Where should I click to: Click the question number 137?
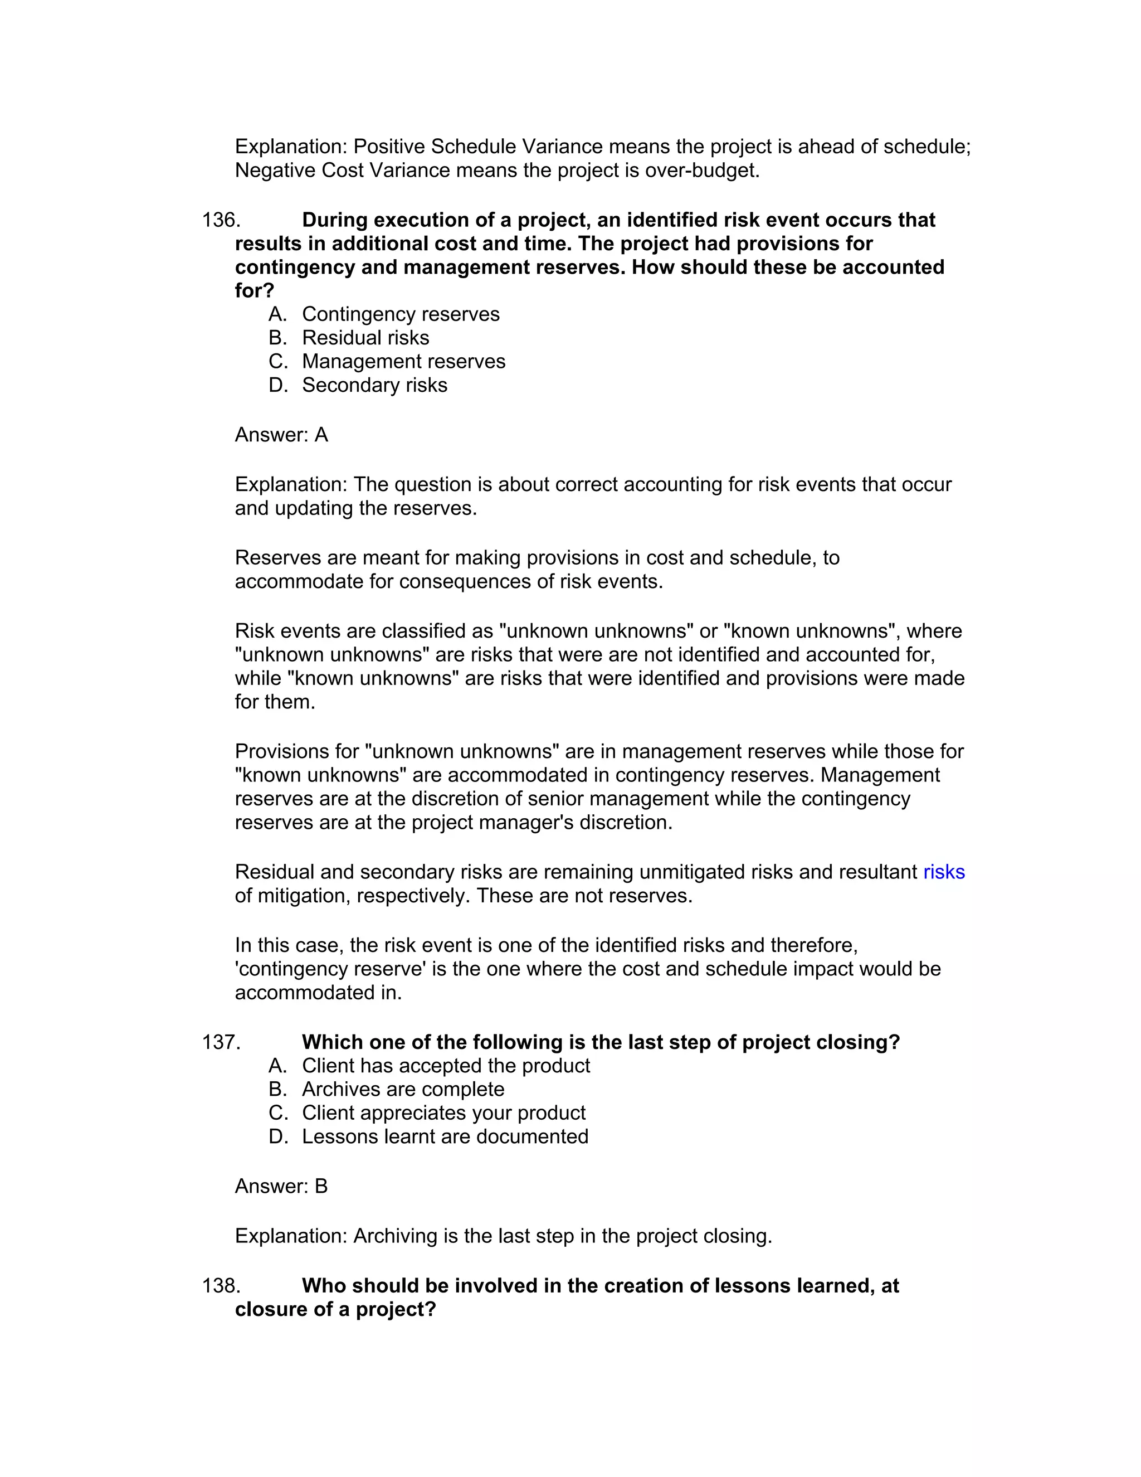click(221, 1042)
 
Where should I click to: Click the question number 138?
click(221, 1286)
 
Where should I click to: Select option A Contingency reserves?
click(400, 314)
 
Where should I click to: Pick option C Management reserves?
click(403, 361)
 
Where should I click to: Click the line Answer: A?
click(281, 435)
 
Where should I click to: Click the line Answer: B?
click(281, 1186)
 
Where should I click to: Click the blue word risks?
click(944, 872)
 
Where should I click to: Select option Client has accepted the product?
click(446, 1066)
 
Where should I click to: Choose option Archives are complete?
click(403, 1090)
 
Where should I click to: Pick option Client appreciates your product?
click(443, 1113)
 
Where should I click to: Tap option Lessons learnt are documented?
click(445, 1137)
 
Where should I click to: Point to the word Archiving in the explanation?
click(396, 1236)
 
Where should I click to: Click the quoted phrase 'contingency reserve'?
click(330, 969)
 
